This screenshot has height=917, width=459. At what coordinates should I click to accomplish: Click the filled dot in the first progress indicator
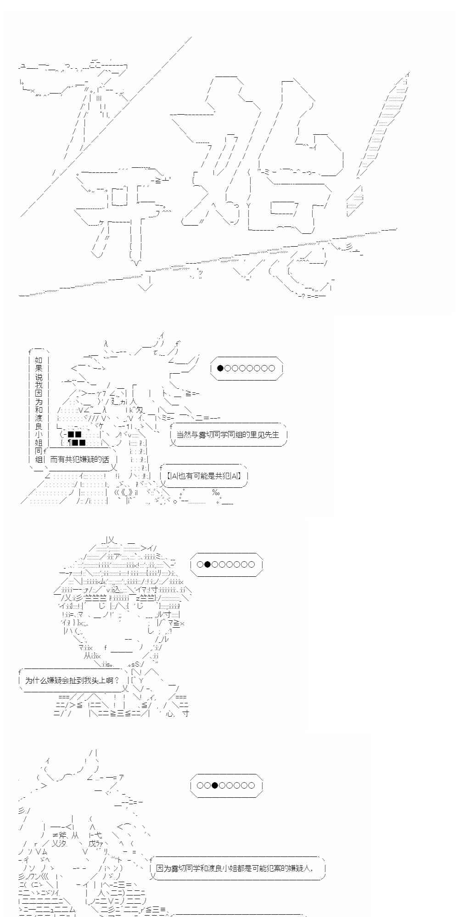tap(220, 368)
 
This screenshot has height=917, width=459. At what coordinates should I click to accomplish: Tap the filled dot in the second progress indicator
tap(207, 564)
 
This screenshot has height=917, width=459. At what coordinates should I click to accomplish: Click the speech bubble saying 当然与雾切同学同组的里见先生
tap(228, 435)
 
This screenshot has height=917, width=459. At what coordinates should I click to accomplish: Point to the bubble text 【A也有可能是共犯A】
tap(203, 476)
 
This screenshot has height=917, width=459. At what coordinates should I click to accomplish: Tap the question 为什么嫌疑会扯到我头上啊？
tap(72, 680)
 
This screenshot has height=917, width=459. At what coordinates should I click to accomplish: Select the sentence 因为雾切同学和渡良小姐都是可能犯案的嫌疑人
tap(235, 868)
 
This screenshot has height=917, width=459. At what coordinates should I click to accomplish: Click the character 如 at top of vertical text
tap(39, 360)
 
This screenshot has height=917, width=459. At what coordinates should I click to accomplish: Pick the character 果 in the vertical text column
tap(39, 369)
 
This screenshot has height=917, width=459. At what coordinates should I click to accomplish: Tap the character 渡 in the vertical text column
tap(39, 418)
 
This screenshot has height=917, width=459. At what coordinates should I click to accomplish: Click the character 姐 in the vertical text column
tap(39, 442)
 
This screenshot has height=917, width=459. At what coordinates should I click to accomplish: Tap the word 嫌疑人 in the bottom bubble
tap(301, 868)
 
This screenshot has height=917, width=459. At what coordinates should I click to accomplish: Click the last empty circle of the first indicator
tap(271, 368)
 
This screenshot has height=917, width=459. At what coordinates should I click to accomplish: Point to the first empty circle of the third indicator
tap(200, 785)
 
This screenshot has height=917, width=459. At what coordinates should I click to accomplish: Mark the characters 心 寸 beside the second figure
tap(177, 714)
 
